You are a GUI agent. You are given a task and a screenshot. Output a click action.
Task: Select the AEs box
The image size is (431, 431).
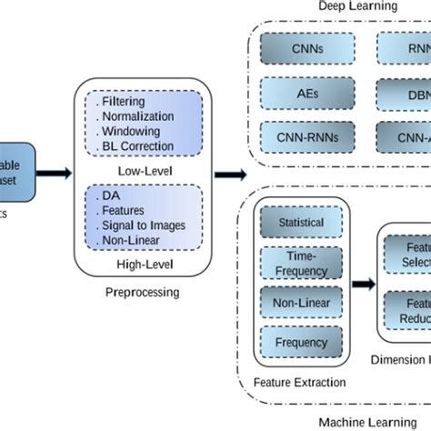point(302,92)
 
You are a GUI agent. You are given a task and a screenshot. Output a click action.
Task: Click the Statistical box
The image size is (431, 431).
point(302,223)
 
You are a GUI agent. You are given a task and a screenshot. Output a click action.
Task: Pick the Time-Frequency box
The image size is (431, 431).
point(302,265)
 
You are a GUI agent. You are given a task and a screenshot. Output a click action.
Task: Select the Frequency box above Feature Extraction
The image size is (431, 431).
point(302,343)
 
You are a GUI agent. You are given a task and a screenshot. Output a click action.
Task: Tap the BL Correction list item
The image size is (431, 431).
point(137,145)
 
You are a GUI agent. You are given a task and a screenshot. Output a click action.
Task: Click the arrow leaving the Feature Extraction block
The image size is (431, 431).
point(361,284)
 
